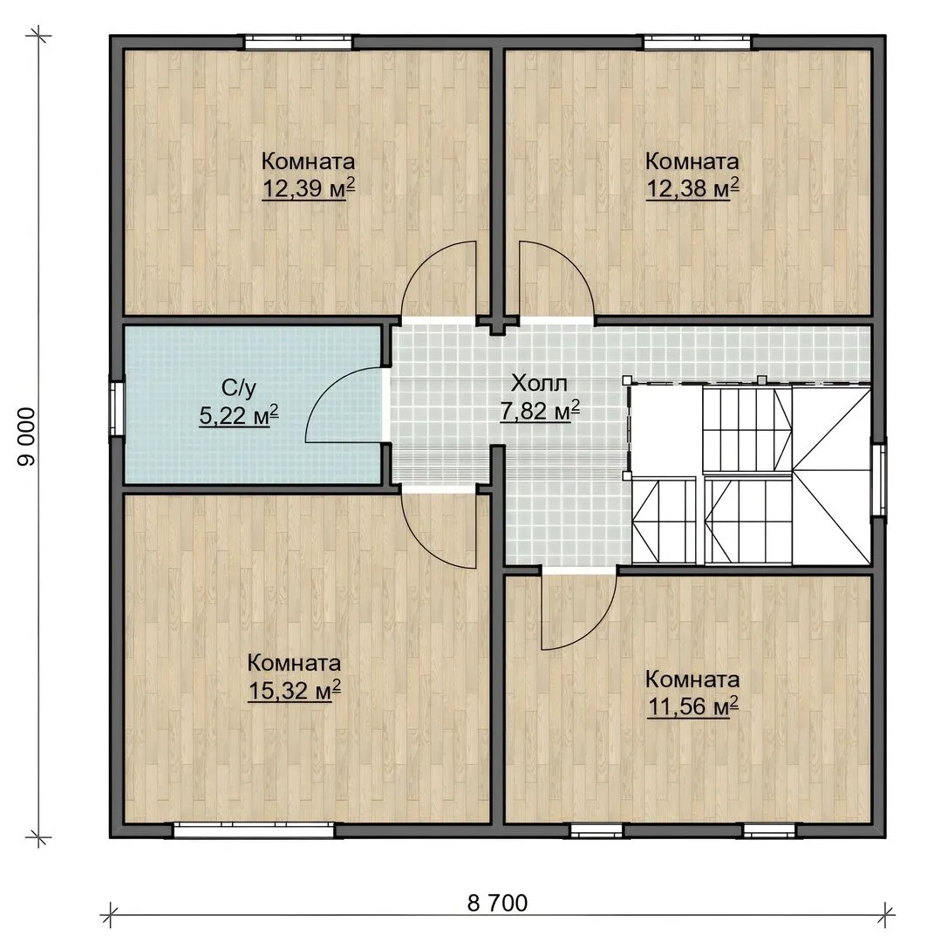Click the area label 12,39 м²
click(308, 188)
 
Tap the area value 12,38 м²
click(692, 188)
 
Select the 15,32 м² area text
click(295, 690)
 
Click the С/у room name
click(239, 388)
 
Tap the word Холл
click(539, 383)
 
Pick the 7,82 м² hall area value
click(540, 411)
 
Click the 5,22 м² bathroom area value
click(239, 415)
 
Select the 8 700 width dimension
click(497, 903)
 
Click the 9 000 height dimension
click(27, 436)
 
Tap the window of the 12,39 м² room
click(298, 42)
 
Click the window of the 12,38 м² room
click(698, 42)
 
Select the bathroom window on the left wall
click(116, 406)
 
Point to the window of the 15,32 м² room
click(254, 831)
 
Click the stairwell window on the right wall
click(879, 478)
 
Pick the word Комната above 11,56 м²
click(692, 679)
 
